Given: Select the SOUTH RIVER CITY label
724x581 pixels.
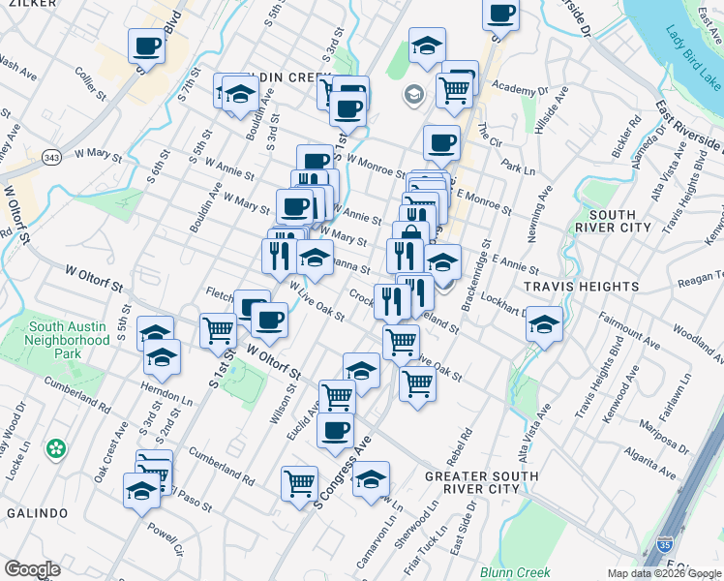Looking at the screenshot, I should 619,221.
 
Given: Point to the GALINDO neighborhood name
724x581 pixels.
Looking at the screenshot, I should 38,512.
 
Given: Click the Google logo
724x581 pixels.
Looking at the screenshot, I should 32,569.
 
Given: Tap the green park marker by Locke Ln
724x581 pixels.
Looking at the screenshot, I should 57,448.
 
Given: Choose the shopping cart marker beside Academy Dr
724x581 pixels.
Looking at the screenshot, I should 454,90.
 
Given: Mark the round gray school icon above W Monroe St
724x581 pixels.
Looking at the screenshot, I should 413,94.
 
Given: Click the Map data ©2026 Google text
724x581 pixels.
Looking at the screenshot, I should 664,573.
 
